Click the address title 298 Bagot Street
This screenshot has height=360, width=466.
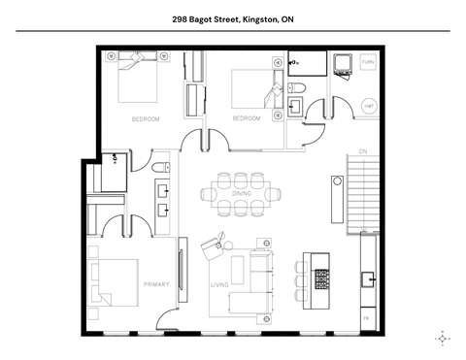232,17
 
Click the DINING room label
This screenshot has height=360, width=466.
242,194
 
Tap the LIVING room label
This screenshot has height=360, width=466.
219,284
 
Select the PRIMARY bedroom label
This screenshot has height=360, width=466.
156,284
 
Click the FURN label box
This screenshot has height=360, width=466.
368,62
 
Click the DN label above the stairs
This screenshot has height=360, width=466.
362,152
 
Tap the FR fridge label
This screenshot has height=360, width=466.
366,318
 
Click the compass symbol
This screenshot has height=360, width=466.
443,338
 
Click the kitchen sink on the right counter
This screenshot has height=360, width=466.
369,280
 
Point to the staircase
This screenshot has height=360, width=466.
361,194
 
